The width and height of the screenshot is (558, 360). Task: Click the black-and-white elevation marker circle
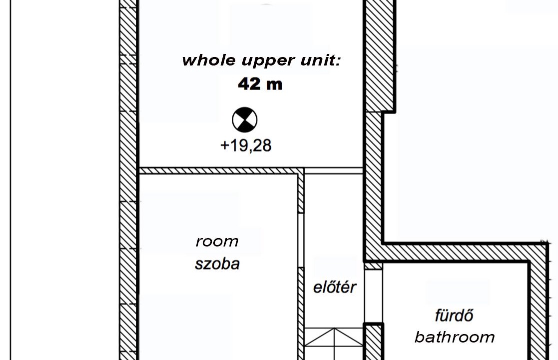[x=244, y=120]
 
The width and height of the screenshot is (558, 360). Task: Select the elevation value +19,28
[x=246, y=145]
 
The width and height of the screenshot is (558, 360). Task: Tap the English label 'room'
[x=217, y=242]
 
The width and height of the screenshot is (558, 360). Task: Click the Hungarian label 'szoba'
[x=217, y=264]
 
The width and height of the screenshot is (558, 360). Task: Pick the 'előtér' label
[x=335, y=287]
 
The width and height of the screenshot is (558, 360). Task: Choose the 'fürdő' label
[x=454, y=315]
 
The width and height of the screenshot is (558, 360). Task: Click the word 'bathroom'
[x=455, y=337]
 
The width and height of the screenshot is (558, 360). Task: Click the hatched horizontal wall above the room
[x=218, y=171]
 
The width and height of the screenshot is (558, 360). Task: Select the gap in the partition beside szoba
[x=301, y=240]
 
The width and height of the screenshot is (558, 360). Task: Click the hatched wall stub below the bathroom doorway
[x=374, y=342]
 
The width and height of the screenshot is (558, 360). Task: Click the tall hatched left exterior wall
[x=128, y=180]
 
